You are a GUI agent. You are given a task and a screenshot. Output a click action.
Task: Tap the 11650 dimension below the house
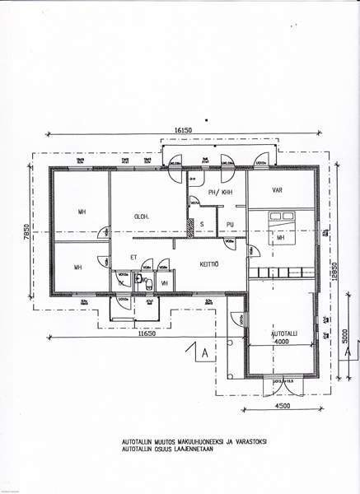pos(147,333)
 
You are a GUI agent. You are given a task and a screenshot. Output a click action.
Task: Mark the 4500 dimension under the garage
pos(283,405)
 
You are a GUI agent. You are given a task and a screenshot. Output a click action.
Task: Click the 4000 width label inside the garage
pos(281,341)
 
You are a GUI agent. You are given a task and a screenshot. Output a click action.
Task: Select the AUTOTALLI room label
pos(281,333)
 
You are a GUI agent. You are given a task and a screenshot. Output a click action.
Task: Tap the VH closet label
pos(164,282)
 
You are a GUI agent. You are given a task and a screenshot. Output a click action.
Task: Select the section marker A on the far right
pos(348,352)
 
